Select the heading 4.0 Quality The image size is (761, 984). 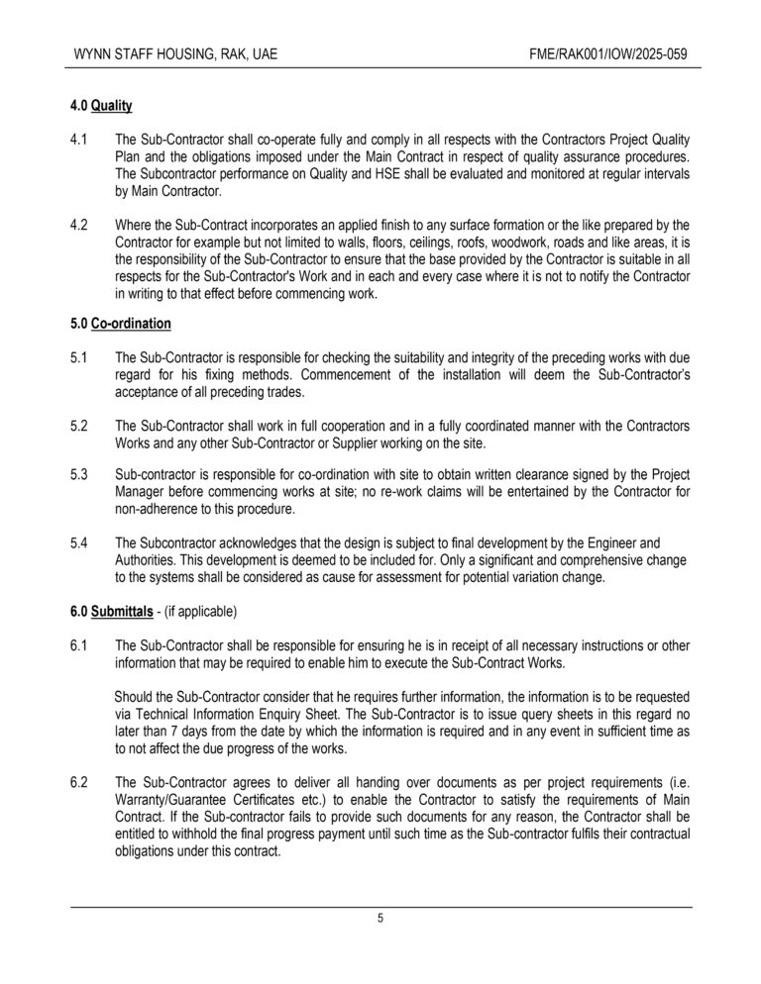[102, 105]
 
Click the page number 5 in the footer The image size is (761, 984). [380, 919]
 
